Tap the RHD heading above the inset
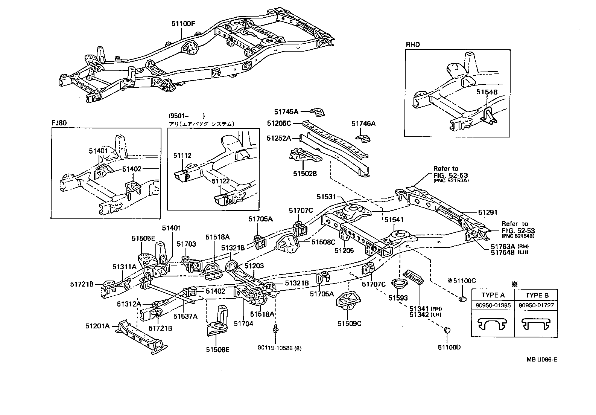click(x=412, y=44)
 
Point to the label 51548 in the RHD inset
click(x=487, y=92)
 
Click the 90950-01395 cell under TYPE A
click(x=493, y=305)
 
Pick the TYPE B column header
click(x=536, y=295)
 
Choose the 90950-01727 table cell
click(x=536, y=305)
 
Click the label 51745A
click(x=286, y=111)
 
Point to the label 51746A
click(x=363, y=124)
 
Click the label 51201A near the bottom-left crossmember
click(x=97, y=326)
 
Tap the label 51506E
click(x=217, y=349)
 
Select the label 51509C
click(x=349, y=323)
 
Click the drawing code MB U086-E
click(x=541, y=359)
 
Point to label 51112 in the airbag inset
click(x=182, y=155)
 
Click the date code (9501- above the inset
click(x=179, y=116)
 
